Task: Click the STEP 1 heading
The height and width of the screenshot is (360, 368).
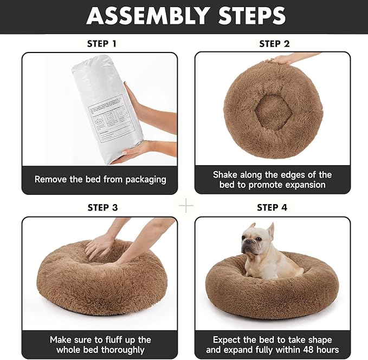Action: click(x=101, y=44)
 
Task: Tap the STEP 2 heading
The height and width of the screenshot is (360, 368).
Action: click(x=274, y=44)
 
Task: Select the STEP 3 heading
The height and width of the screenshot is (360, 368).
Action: click(x=102, y=207)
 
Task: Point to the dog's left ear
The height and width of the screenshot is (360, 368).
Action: click(x=270, y=230)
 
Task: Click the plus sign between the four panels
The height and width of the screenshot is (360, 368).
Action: click(x=186, y=206)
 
